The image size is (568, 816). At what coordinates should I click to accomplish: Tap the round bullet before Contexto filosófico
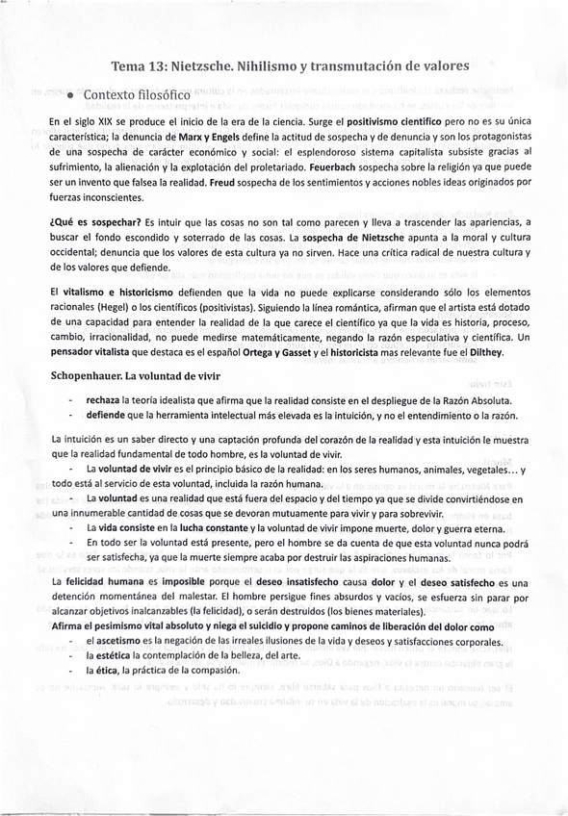[71, 96]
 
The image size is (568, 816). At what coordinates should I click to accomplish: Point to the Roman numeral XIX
[103, 122]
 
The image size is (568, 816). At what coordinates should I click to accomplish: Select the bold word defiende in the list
[105, 415]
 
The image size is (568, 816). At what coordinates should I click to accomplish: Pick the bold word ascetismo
[118, 641]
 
